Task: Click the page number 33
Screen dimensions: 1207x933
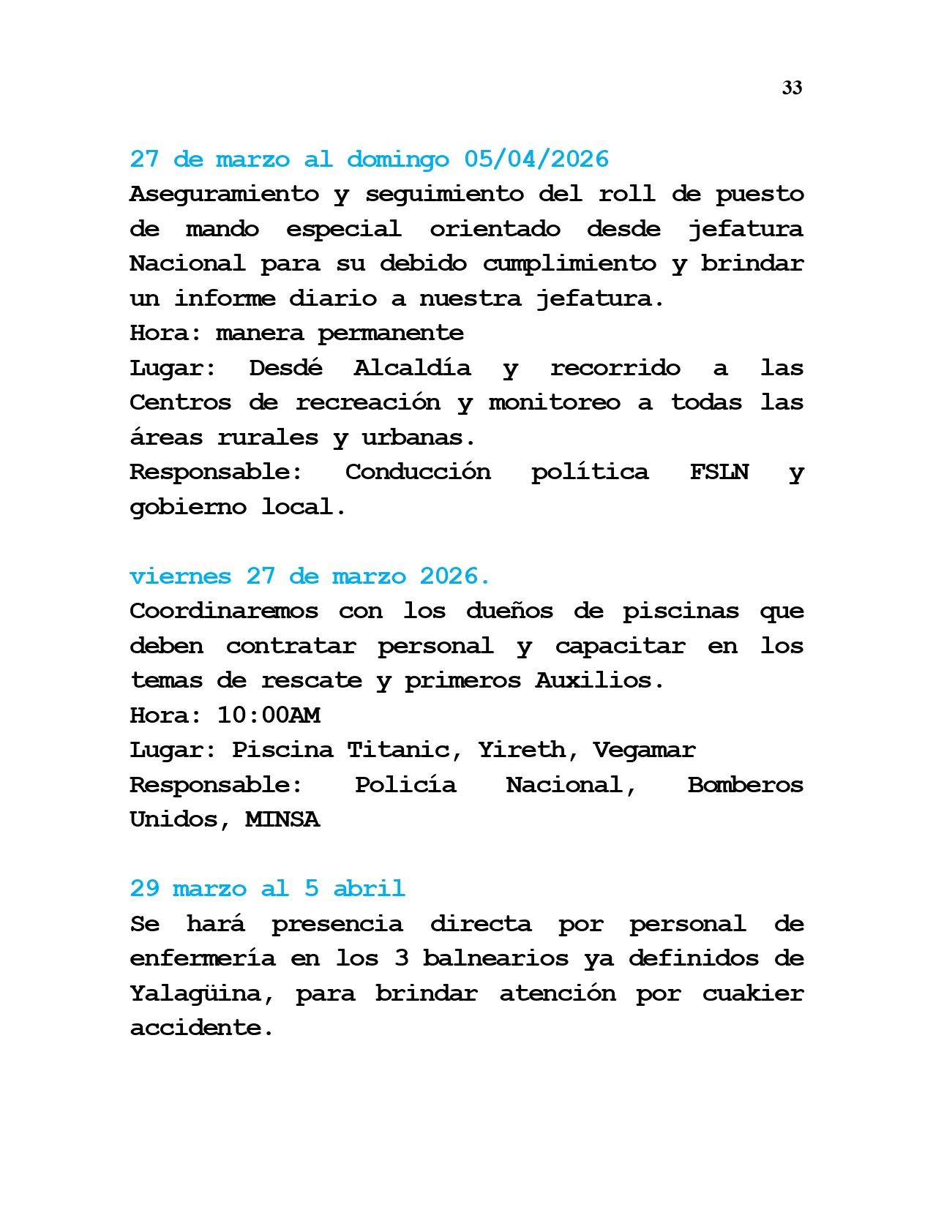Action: [x=792, y=89]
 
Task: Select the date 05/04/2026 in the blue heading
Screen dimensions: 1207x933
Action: [x=536, y=159]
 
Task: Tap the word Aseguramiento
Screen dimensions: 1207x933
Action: [x=224, y=194]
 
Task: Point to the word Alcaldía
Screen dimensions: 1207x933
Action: [x=412, y=367]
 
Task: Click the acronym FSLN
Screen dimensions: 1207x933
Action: [x=719, y=472]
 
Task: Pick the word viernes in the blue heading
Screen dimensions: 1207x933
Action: [x=180, y=576]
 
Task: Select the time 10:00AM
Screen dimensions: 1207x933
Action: [x=269, y=715]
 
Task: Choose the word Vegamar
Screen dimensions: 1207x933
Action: [x=644, y=750]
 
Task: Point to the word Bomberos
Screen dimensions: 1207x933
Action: [x=745, y=785]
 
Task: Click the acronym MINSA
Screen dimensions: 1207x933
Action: [x=282, y=819]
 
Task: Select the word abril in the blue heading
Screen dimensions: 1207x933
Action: [x=369, y=889]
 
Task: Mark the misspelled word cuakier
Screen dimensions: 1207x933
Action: [x=752, y=993]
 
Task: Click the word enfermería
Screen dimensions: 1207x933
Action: [x=202, y=958]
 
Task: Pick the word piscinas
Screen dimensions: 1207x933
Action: [x=681, y=611]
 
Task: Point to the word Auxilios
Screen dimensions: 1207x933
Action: [x=599, y=680]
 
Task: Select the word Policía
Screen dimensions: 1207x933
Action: [x=405, y=785]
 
